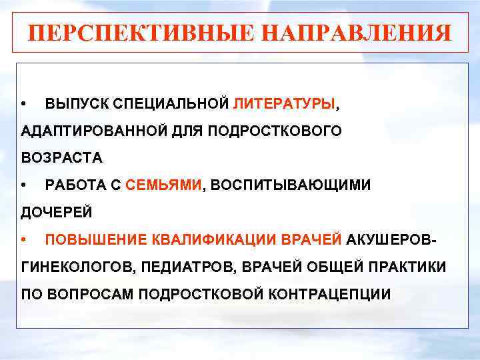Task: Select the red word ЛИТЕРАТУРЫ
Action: point(285,105)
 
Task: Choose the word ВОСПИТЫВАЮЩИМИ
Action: point(291,185)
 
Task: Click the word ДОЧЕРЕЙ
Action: point(57,213)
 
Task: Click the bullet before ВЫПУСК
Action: point(25,105)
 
